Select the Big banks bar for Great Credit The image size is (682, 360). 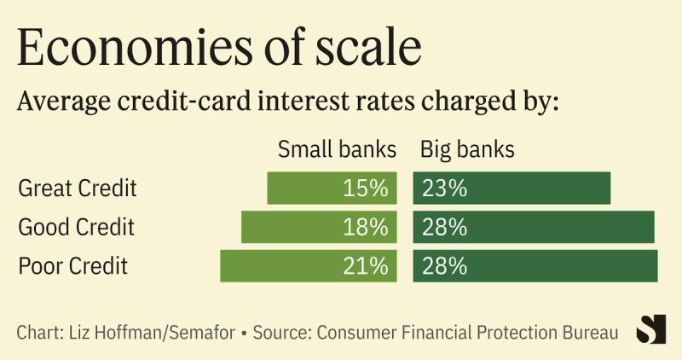coord(511,188)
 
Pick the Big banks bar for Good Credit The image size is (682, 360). coord(534,227)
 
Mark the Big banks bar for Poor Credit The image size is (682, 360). coord(535,265)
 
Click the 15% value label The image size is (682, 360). coord(366,188)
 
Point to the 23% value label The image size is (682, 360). coord(443,188)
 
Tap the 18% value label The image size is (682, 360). coord(366,227)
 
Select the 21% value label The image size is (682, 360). coord(366,265)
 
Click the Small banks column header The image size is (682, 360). coord(337,150)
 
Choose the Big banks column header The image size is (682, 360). coord(467,150)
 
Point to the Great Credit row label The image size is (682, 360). coord(77,188)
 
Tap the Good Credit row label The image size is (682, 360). coord(77,227)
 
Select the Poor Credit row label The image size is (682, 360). coord(72,265)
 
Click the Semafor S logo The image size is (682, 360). coord(651,329)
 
